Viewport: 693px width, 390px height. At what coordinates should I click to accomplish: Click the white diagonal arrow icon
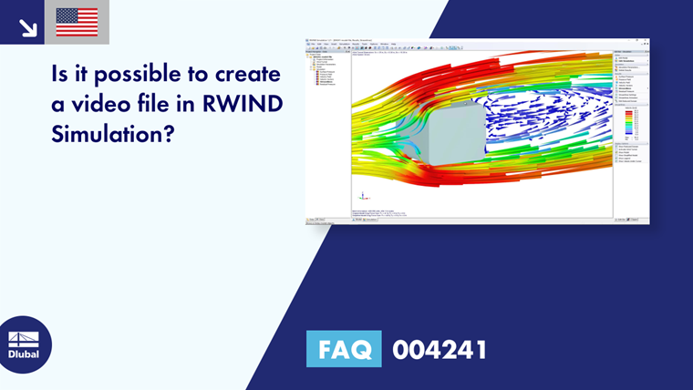click(28, 26)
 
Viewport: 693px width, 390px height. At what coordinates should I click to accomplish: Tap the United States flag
click(77, 23)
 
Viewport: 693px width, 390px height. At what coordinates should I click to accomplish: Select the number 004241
click(440, 349)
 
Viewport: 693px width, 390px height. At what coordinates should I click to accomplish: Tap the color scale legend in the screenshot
click(626, 122)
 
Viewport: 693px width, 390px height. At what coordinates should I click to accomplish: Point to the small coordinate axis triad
click(363, 196)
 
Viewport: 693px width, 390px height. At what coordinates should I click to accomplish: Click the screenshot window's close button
click(646, 41)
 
